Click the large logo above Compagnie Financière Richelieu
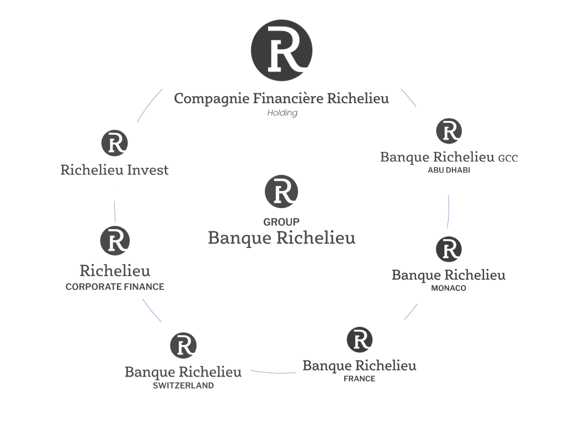[x=281, y=50]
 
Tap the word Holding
[x=282, y=113]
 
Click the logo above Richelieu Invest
[x=115, y=143]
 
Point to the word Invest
[x=148, y=169]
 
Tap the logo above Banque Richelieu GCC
[x=449, y=131]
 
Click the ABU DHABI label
[x=449, y=170]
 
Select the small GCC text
[x=508, y=158]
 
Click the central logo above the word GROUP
[x=281, y=192]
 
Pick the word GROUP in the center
[x=281, y=222]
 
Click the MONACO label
[x=449, y=288]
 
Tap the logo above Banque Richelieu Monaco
[x=449, y=249]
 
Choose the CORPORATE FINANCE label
[x=115, y=287]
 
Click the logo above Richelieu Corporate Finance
[x=115, y=241]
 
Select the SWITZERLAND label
[x=183, y=386]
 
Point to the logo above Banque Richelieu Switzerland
[x=183, y=346]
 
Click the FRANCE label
[x=359, y=379]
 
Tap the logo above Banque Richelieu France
[x=359, y=340]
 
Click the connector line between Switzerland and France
[x=273, y=373]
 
